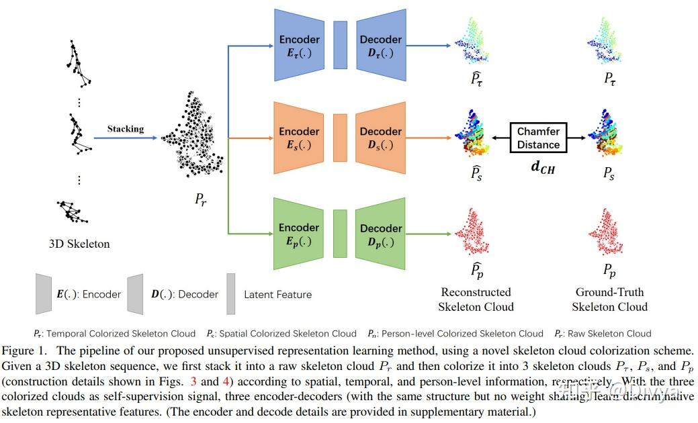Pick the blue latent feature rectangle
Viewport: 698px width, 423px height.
point(341,45)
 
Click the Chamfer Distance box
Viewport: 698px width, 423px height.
point(538,138)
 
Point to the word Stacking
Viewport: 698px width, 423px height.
point(125,129)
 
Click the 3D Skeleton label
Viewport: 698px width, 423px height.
point(79,244)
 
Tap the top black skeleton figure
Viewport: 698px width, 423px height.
point(79,64)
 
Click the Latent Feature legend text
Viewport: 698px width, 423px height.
point(277,294)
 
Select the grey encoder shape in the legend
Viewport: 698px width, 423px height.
point(44,293)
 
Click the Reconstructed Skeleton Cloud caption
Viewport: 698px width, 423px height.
point(476,299)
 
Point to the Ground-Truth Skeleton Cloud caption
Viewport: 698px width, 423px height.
point(609,299)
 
